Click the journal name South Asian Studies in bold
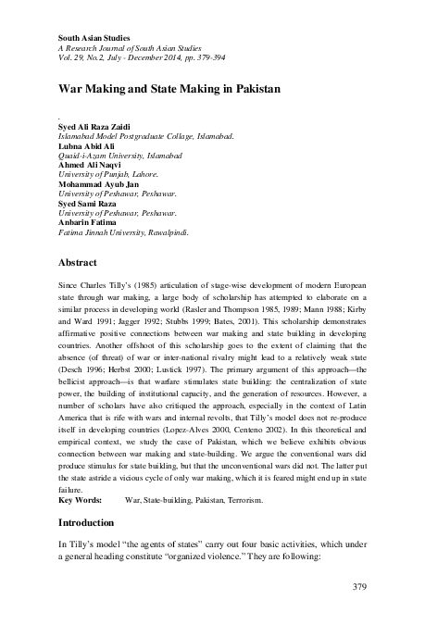(89, 34)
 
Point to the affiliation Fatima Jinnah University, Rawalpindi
(123, 234)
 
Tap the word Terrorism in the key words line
(243, 501)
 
